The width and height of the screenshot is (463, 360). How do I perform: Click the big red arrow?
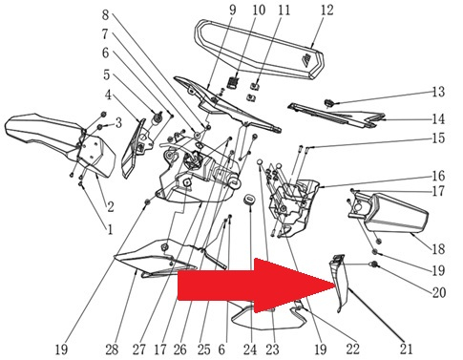click(255, 286)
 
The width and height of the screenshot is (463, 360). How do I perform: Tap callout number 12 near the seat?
click(326, 10)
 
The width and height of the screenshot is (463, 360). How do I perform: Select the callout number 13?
click(438, 92)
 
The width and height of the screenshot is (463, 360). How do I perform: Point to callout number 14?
click(438, 119)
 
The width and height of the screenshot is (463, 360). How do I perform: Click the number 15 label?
click(438, 138)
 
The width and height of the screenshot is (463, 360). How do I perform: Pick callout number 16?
click(438, 176)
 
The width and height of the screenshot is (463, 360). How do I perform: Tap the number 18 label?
click(438, 248)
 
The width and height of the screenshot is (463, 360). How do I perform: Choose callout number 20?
click(438, 292)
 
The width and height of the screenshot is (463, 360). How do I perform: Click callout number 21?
click(406, 349)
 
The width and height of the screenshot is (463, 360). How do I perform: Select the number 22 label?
click(352, 349)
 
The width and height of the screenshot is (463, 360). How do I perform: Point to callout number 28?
click(112, 349)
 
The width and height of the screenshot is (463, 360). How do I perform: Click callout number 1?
click(110, 229)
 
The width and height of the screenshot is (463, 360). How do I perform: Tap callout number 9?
click(233, 10)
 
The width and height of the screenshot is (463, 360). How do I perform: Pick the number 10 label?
click(259, 10)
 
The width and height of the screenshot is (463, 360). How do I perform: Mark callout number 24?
click(250, 349)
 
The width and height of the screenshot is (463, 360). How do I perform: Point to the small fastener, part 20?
click(374, 265)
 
